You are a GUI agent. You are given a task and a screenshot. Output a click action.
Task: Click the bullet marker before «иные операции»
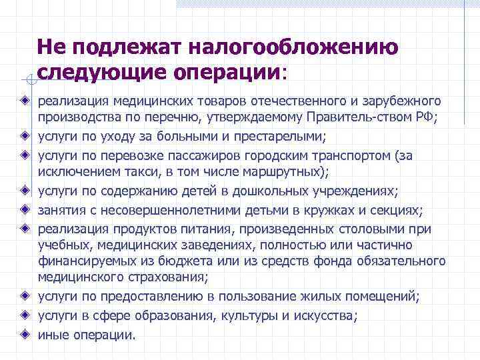pyautogui.click(x=25, y=333)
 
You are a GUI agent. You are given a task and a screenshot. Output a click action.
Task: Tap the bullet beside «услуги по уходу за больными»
pyautogui.click(x=25, y=137)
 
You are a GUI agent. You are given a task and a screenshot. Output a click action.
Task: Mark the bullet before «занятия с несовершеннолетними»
pyautogui.click(x=25, y=210)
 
